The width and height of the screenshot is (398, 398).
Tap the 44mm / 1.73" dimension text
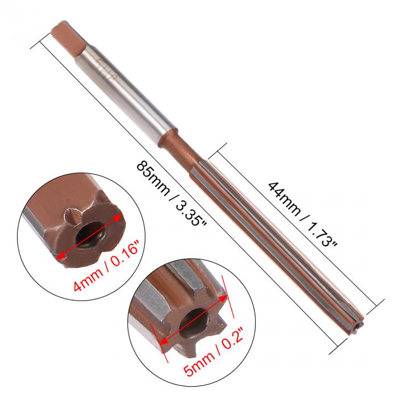tap(302, 213)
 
